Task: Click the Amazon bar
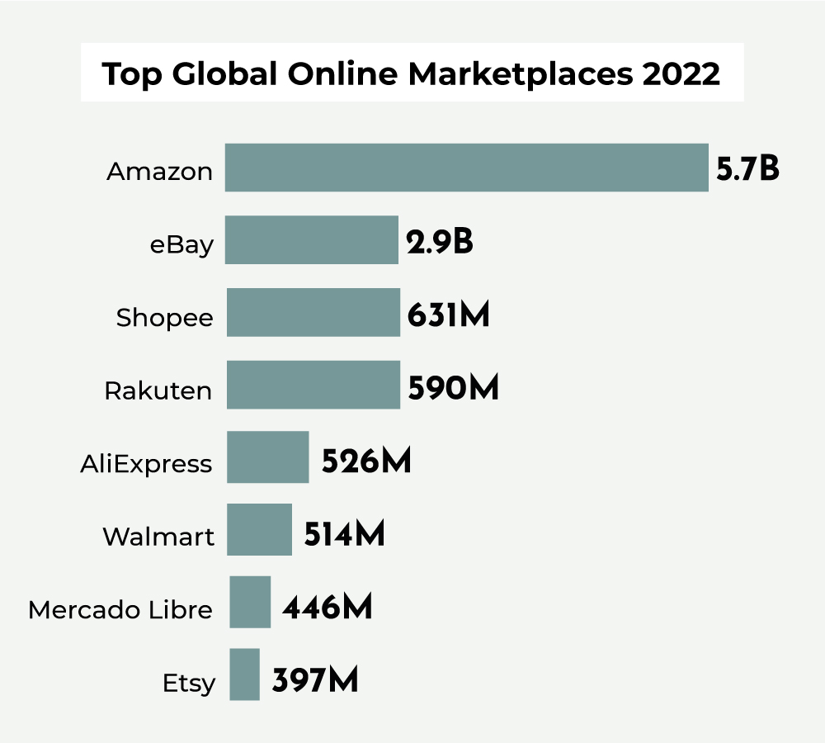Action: click(x=466, y=168)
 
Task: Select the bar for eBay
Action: click(x=312, y=239)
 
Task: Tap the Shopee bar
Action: click(x=313, y=312)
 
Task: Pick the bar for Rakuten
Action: click(x=313, y=385)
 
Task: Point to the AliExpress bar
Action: click(x=268, y=457)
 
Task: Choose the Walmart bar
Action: click(x=259, y=529)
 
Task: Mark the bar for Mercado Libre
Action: click(x=250, y=602)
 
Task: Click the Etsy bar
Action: click(x=244, y=674)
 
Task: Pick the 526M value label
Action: click(x=366, y=461)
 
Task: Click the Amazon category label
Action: click(x=160, y=172)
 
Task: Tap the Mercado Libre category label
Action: click(x=120, y=610)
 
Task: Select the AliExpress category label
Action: click(x=146, y=464)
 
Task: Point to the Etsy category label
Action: click(x=189, y=684)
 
